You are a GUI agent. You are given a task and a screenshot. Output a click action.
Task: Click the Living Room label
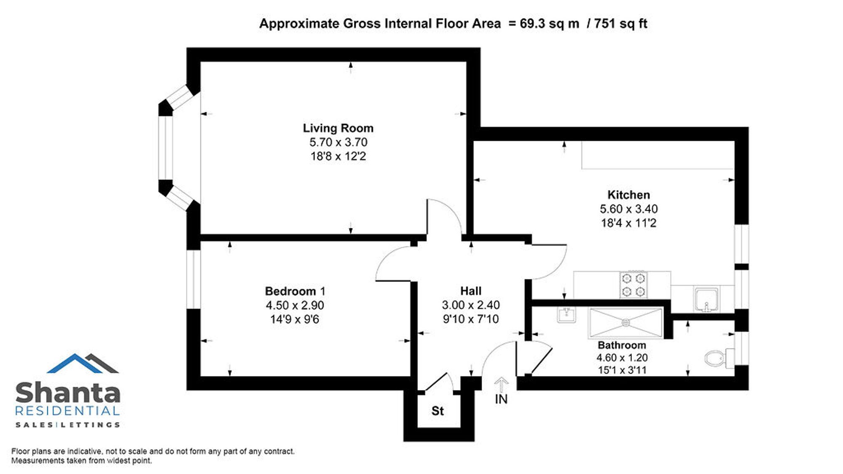pos(338,128)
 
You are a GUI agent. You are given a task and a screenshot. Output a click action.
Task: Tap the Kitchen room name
pos(628,195)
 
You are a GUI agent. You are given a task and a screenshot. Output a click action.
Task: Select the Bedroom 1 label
pos(295,291)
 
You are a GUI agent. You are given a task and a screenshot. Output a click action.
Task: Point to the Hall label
pos(471,291)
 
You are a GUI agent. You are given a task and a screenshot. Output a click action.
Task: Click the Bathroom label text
pos(622,345)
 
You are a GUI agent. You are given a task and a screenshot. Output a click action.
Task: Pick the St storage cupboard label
pos(438,411)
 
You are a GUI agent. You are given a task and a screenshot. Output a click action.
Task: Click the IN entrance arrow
pos(501,385)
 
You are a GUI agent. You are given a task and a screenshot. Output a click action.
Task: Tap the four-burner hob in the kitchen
pos(634,284)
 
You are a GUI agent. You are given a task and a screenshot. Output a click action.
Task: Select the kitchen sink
pos(706,299)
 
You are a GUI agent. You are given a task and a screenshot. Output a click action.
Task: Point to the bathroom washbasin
pos(566,314)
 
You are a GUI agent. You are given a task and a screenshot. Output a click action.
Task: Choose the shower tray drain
pos(626,323)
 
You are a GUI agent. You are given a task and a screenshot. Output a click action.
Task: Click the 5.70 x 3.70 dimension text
pos(338,142)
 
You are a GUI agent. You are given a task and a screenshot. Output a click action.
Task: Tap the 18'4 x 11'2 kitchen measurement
pos(628,223)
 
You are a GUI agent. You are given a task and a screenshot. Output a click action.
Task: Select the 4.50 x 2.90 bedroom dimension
pos(295,305)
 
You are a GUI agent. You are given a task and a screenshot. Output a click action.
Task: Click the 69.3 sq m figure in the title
pos(550,24)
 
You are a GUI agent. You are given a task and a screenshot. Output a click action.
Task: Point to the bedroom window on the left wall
pos(193,279)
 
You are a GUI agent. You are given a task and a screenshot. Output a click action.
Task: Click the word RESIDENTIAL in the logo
pos(67,411)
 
